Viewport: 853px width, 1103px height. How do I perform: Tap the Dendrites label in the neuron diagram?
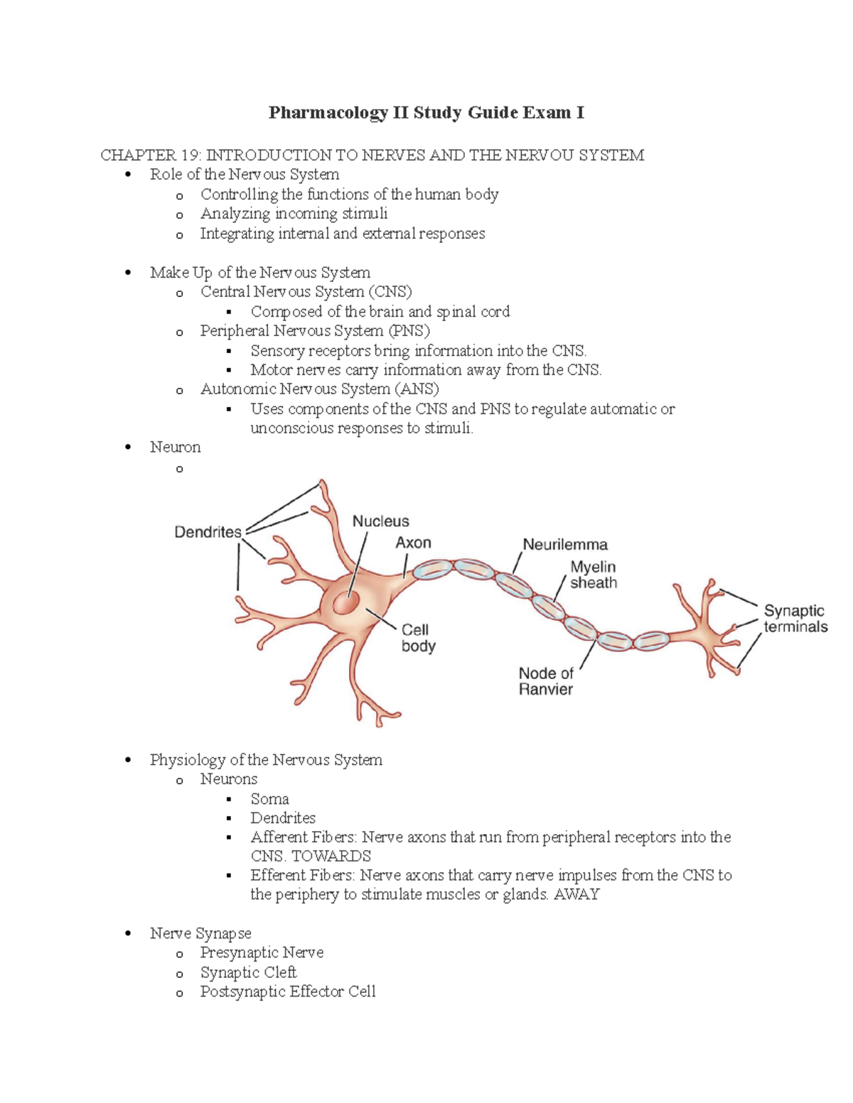point(208,532)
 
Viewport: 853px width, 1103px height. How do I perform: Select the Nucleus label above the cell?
point(380,521)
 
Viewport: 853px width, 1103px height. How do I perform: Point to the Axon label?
point(413,543)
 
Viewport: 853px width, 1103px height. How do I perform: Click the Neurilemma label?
point(565,545)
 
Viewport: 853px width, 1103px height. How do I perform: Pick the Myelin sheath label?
point(593,575)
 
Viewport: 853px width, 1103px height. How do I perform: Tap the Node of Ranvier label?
point(546,681)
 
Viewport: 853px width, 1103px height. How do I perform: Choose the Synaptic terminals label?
point(795,619)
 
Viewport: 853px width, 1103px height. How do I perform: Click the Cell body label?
point(417,638)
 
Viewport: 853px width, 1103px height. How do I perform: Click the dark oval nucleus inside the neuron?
point(347,602)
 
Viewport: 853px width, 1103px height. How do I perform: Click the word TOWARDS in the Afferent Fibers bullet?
point(331,856)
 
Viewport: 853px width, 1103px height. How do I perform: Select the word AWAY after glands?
point(576,894)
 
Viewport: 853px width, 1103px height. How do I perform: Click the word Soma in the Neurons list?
point(269,798)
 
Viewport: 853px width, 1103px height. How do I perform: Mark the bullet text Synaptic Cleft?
point(248,972)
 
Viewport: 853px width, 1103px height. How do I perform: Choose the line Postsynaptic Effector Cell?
point(287,991)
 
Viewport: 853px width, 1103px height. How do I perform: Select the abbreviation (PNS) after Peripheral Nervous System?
point(409,331)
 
